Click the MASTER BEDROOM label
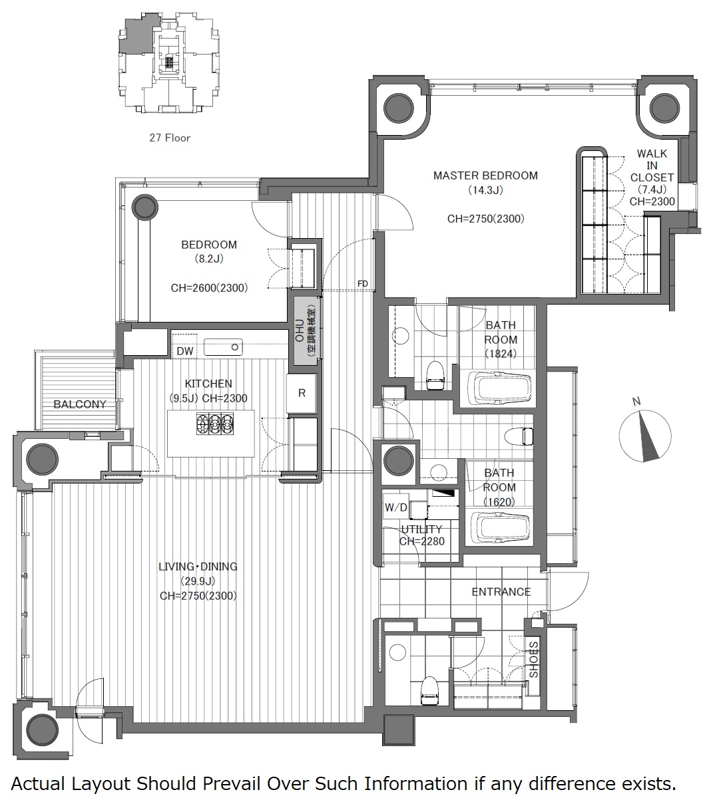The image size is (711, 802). pos(485,176)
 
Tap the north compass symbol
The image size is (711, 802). pos(645,436)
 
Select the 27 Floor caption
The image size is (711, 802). pos(170,138)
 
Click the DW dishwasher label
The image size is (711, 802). pos(184,351)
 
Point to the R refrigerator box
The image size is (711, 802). pos(302,393)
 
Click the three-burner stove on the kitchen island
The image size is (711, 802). pos(214,424)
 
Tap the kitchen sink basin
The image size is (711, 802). pos(223,347)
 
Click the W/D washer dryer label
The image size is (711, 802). pos(396,507)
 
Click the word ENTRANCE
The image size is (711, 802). pos(501,591)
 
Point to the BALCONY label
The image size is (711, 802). pos(80,404)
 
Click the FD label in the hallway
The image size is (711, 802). pos(362,283)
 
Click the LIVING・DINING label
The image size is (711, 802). pos(198,567)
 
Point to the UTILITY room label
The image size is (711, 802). pos(421,529)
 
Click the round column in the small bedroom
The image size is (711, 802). pos(144,207)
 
